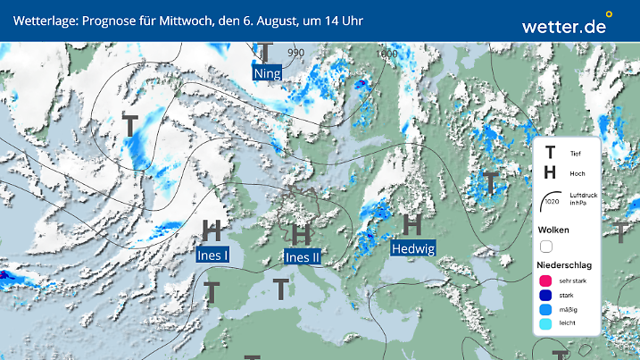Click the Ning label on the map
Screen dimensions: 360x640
[267, 73]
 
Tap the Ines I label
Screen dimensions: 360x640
[212, 255]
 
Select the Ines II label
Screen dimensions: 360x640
[302, 257]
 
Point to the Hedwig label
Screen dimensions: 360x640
[412, 248]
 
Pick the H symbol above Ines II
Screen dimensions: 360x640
[302, 234]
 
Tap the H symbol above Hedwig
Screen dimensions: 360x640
[412, 224]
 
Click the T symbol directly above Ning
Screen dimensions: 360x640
[266, 51]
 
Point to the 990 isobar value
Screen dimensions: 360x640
[295, 53]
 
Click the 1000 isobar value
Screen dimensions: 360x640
[386, 54]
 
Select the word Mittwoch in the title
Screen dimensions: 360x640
[186, 20]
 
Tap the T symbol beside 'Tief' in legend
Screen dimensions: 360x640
[551, 154]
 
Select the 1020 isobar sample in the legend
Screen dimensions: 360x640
[551, 204]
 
